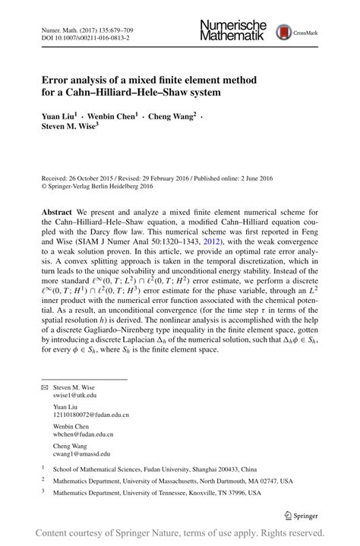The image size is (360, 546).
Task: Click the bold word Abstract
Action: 59,212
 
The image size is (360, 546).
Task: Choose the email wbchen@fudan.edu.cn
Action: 84,435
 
